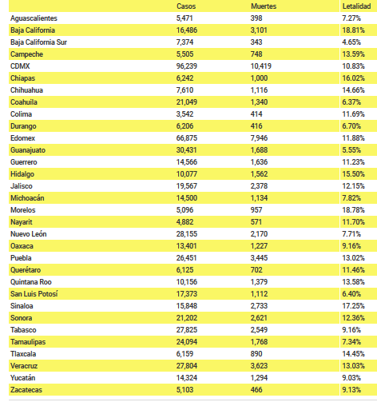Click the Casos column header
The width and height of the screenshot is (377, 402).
(x=186, y=6)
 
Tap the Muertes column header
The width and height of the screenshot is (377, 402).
(x=264, y=6)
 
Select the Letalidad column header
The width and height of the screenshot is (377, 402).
(x=356, y=6)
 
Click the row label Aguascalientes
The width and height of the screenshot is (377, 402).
(x=34, y=18)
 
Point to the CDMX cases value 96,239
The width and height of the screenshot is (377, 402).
(x=187, y=66)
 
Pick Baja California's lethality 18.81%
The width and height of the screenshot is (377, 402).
(x=353, y=30)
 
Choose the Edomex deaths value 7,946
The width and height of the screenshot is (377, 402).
(x=259, y=138)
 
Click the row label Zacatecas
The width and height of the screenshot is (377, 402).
(x=26, y=390)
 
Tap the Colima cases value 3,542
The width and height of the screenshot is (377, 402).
(x=185, y=114)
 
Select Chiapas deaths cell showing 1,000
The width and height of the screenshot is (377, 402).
(x=259, y=78)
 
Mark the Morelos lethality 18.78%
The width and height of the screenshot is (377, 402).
(x=353, y=210)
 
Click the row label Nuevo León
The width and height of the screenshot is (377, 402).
(x=29, y=234)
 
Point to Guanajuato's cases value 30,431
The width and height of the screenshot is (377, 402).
(x=186, y=150)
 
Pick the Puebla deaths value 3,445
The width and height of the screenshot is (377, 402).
(x=259, y=258)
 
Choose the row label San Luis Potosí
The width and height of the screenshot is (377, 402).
(x=34, y=294)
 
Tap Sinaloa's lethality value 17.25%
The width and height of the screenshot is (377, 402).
(x=353, y=306)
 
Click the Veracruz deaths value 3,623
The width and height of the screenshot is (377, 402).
(x=259, y=366)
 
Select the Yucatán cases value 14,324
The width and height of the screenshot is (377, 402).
(x=186, y=378)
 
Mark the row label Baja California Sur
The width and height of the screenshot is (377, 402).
(x=38, y=42)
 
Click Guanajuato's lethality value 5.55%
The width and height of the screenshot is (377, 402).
(x=351, y=150)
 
